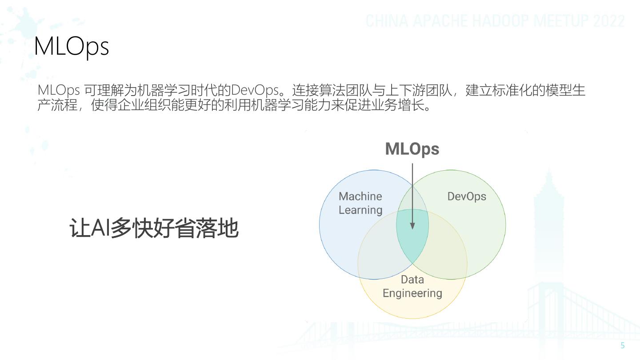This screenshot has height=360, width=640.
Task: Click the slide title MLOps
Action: [x=71, y=46]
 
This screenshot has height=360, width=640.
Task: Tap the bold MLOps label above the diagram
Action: [x=412, y=149]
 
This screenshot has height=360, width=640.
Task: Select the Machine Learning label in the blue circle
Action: [x=360, y=203]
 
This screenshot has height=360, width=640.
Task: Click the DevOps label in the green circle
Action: [x=467, y=196]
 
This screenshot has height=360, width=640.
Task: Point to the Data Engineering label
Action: [x=412, y=286]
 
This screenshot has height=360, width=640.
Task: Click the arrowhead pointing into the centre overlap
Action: [x=412, y=226]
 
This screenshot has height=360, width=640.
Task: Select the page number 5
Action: [x=622, y=345]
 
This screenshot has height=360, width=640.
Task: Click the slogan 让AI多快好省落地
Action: [x=154, y=228]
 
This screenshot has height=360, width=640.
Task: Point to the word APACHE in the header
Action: [x=440, y=21]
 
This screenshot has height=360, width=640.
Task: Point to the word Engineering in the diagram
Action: [x=412, y=293]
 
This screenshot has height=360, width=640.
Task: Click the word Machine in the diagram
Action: [x=360, y=196]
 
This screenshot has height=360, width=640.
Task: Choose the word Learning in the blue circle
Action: [x=360, y=210]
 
